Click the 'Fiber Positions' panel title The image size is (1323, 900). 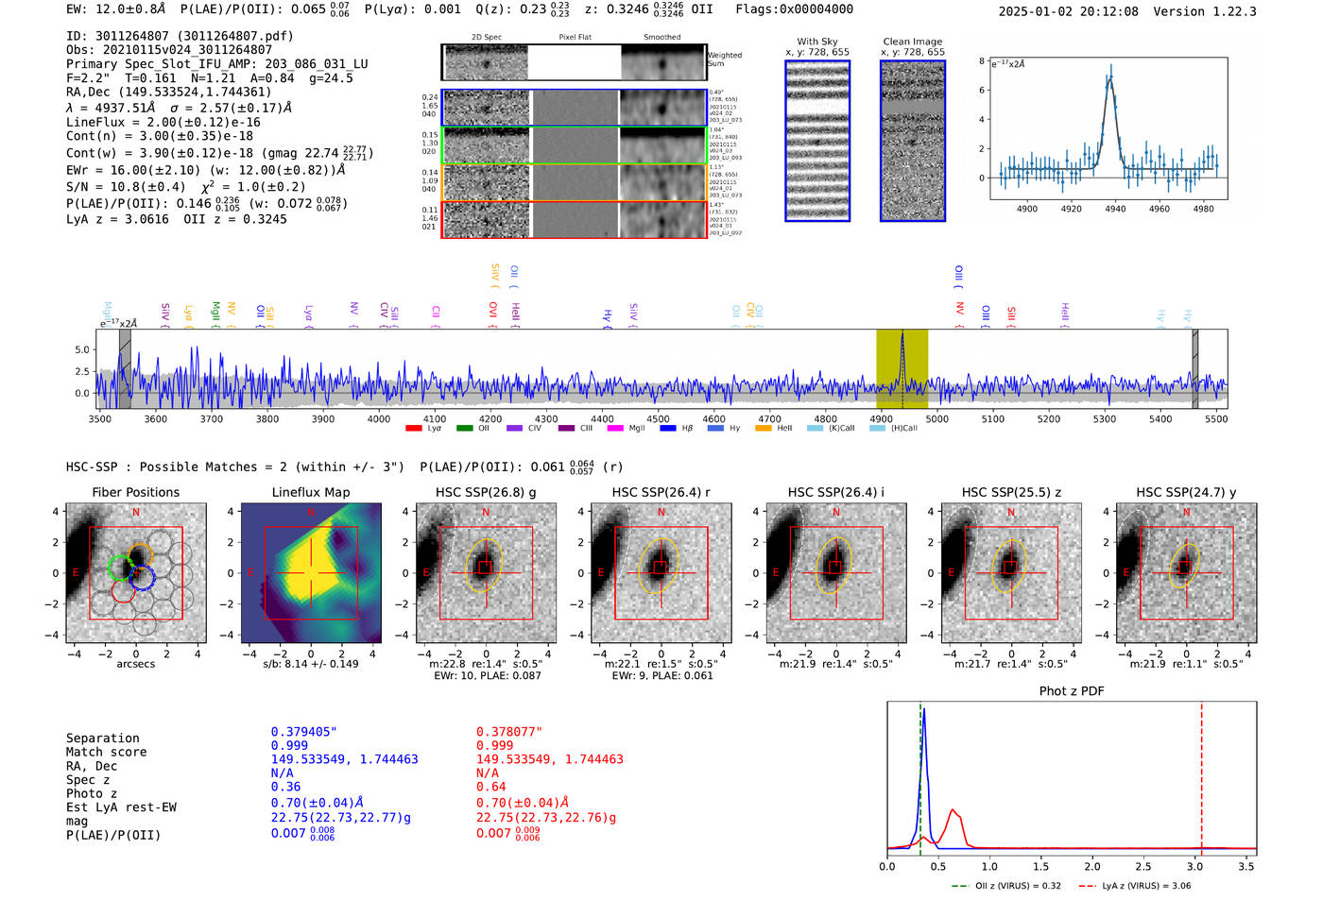click(135, 492)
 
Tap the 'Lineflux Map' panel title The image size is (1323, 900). click(310, 492)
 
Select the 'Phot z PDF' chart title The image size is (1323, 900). click(1071, 690)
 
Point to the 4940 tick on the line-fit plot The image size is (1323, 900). click(1115, 209)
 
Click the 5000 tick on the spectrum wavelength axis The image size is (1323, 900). click(936, 418)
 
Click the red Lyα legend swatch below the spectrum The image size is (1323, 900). click(413, 429)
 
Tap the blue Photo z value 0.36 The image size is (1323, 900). click(285, 787)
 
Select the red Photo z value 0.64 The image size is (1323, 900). click(490, 787)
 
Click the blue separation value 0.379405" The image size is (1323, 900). click(303, 732)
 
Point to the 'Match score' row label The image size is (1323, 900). click(106, 752)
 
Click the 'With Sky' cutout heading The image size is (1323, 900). click(816, 42)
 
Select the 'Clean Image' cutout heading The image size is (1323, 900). click(912, 42)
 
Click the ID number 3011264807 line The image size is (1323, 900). click(180, 36)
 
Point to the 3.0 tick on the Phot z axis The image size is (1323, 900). click(1194, 866)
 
